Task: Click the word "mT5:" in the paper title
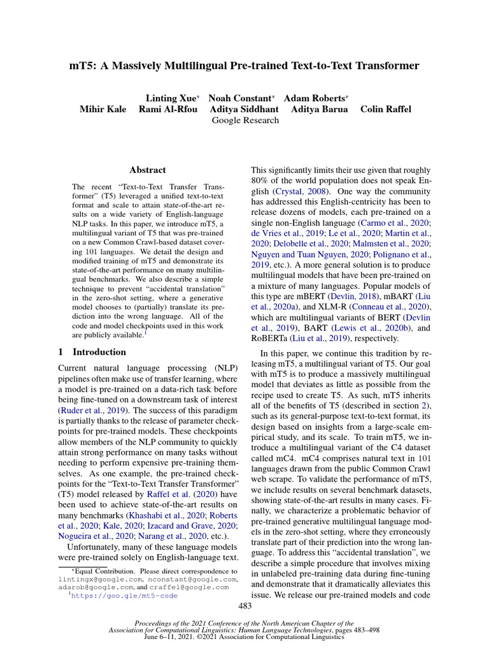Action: pyautogui.click(x=83, y=66)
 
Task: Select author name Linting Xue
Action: pyautogui.click(x=171, y=98)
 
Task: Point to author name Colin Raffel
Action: pyautogui.click(x=386, y=109)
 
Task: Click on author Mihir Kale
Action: pyautogui.click(x=103, y=109)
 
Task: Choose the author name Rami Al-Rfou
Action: pyautogui.click(x=167, y=109)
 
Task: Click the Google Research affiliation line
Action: pyautogui.click(x=244, y=120)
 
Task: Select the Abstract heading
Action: pyautogui.click(x=147, y=170)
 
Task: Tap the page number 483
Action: pyautogui.click(x=244, y=605)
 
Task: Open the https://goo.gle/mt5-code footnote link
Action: pyautogui.click(x=124, y=596)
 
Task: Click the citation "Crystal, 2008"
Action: pyautogui.click(x=302, y=191)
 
